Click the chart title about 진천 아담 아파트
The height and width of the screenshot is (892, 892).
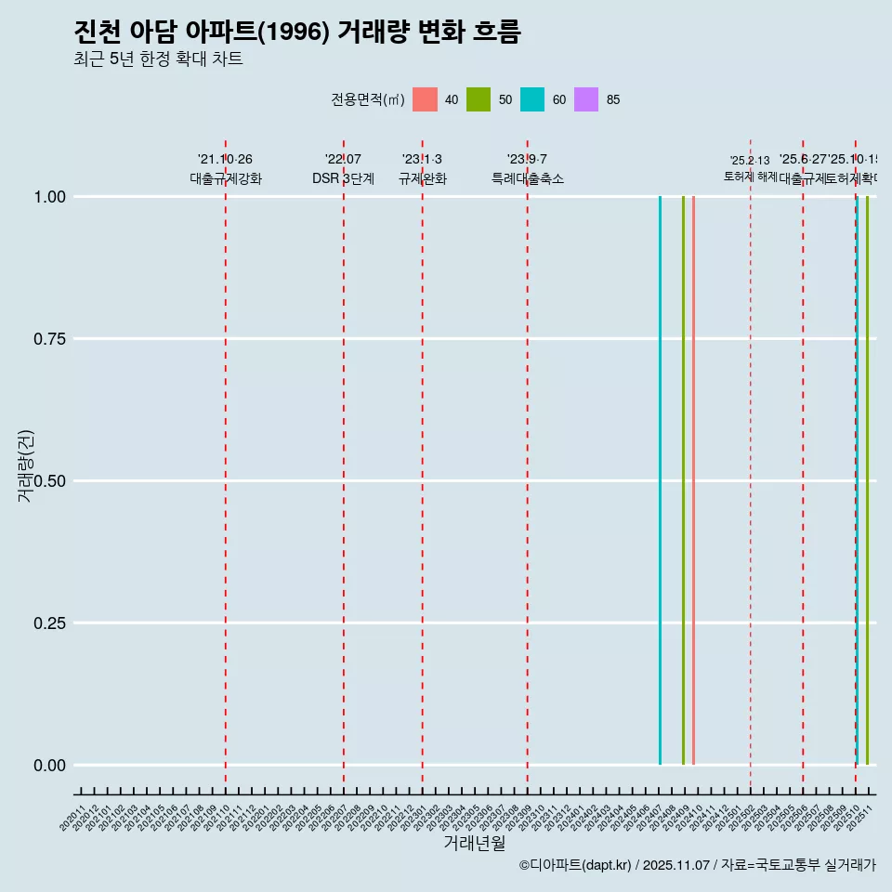point(297,32)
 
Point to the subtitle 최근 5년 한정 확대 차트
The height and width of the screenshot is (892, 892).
point(158,59)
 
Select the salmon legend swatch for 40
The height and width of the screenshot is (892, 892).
point(425,99)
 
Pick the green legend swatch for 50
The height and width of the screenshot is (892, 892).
point(479,99)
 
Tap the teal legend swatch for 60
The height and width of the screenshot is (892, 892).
point(532,99)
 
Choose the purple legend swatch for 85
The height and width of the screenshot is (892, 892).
point(586,99)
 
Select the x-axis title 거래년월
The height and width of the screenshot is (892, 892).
point(474,843)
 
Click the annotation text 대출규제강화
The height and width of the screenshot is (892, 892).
point(226,178)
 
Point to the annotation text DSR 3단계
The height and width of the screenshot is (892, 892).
point(343,178)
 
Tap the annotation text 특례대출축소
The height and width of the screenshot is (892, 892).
point(528,178)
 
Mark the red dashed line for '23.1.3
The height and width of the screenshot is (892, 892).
point(423,465)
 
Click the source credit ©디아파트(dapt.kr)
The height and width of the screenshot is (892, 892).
point(575,865)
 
